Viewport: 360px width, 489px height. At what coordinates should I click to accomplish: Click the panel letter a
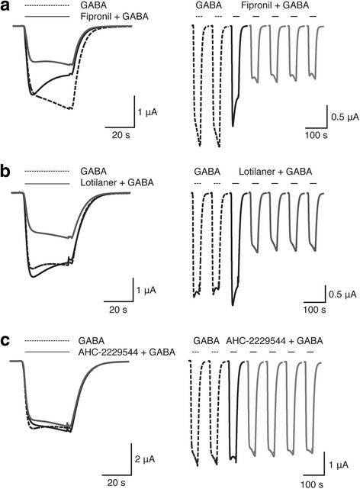[x=6, y=7]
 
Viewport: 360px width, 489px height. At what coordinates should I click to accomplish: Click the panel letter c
[x=6, y=341]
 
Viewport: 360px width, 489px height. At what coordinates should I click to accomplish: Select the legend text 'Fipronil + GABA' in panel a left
[x=114, y=16]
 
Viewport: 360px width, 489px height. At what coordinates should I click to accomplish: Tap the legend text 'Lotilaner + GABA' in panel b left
[x=117, y=182]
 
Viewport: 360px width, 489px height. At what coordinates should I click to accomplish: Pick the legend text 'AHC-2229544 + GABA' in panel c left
[x=127, y=352]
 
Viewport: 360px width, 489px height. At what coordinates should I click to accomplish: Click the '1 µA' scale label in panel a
[x=147, y=112]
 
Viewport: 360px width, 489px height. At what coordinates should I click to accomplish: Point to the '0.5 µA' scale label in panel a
[x=345, y=117]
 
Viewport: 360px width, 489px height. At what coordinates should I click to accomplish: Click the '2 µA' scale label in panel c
[x=145, y=459]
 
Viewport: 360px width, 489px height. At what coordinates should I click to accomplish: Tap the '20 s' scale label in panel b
[x=118, y=310]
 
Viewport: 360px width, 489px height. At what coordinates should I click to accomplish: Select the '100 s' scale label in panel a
[x=317, y=135]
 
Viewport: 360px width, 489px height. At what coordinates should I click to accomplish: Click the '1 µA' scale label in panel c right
[x=339, y=465]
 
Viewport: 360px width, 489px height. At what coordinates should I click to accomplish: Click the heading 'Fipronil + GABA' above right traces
[x=275, y=5]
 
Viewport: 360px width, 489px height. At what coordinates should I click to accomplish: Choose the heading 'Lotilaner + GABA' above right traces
[x=275, y=172]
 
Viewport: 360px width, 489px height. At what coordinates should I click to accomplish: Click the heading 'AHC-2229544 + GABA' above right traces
[x=275, y=341]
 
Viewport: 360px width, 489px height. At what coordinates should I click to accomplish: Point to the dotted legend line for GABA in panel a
[x=47, y=5]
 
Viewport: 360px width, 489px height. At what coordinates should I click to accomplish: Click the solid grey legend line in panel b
[x=47, y=183]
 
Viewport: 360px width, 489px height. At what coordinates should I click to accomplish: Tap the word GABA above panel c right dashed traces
[x=206, y=341]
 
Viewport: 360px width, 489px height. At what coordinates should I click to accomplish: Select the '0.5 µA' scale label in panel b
[x=343, y=294]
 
